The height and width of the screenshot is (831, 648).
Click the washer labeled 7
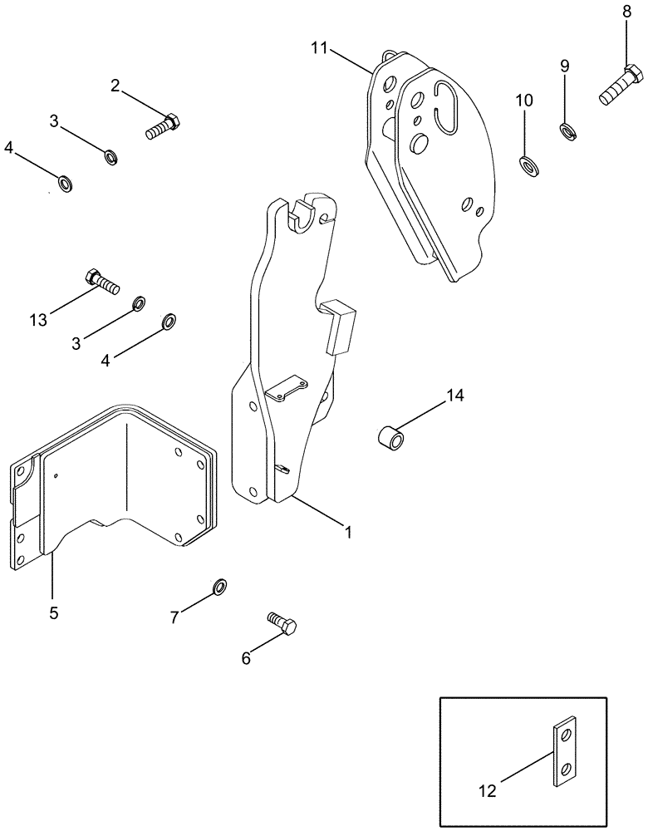pyautogui.click(x=218, y=588)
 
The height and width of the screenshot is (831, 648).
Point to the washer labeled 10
pyautogui.click(x=528, y=163)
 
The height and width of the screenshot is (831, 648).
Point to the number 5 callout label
pyautogui.click(x=53, y=614)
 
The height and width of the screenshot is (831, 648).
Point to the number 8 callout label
pyautogui.click(x=626, y=12)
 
